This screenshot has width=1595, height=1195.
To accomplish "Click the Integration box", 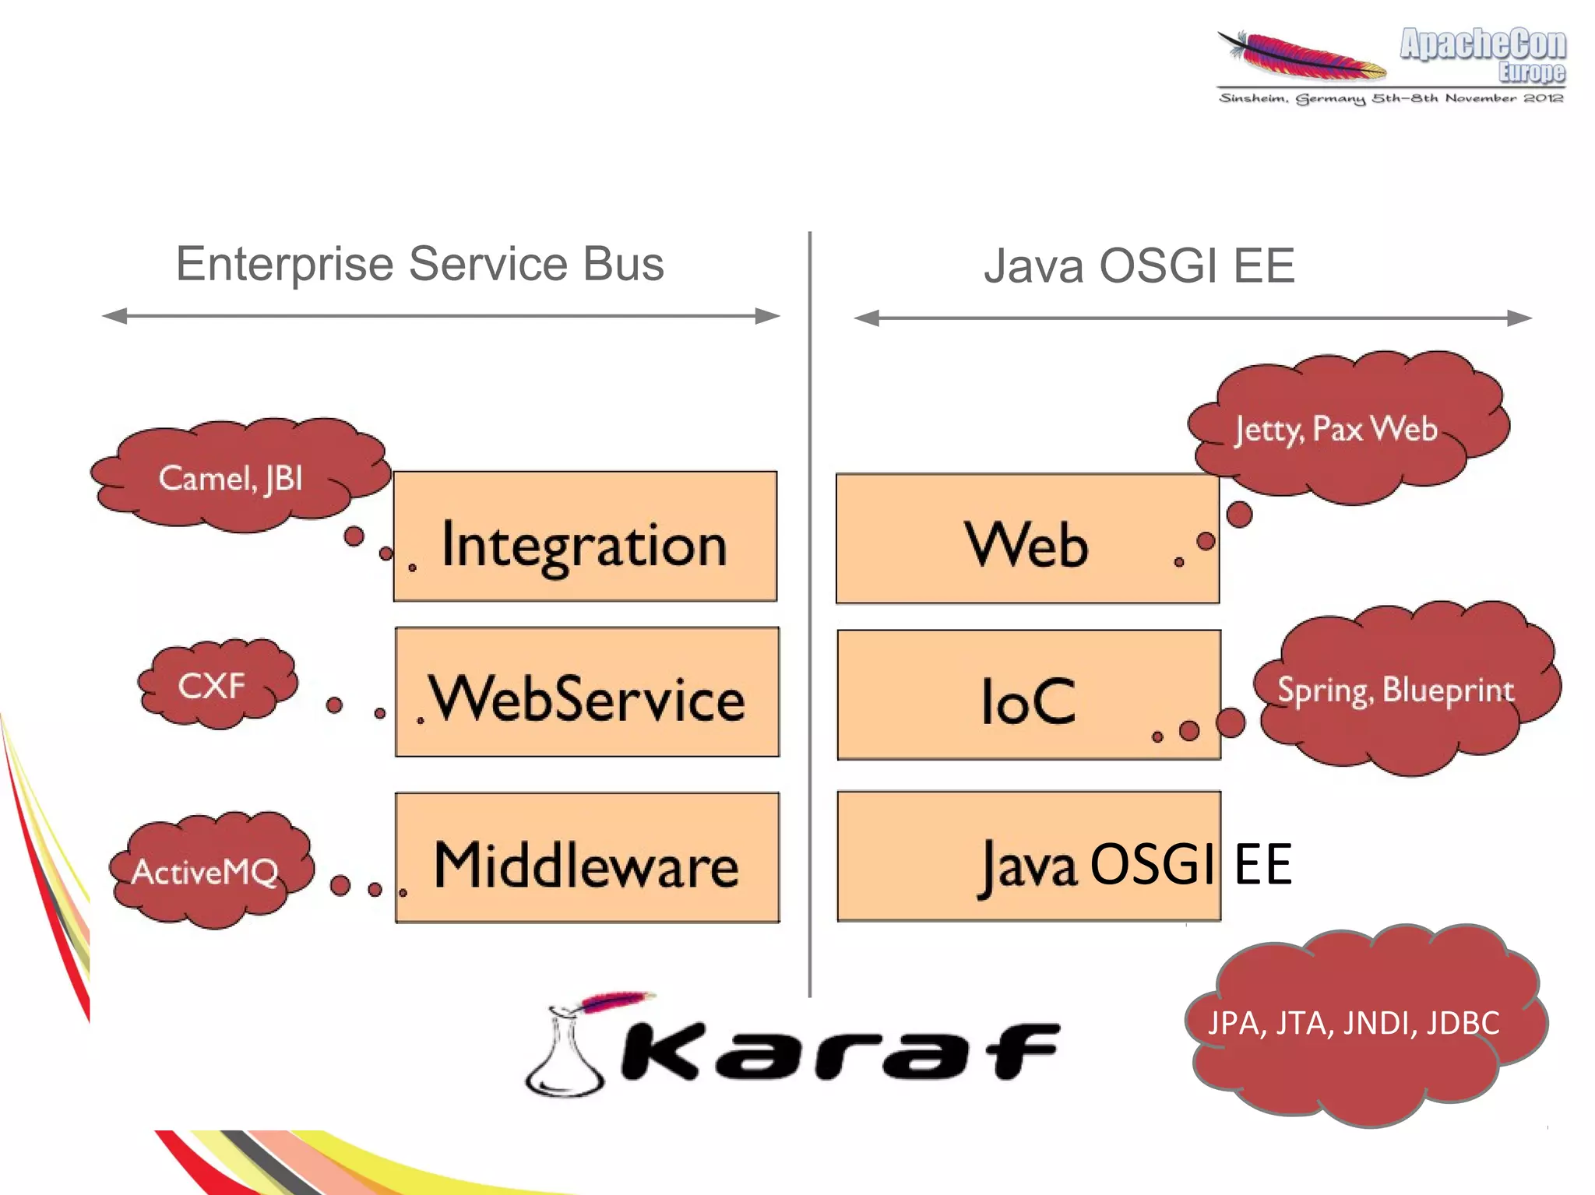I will pos(585,536).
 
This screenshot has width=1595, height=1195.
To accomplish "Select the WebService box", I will pos(586,692).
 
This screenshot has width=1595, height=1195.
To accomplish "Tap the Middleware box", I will pos(586,857).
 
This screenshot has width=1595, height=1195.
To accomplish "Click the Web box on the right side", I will pos(1027,539).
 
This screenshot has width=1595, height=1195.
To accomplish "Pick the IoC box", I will pos(1028,695).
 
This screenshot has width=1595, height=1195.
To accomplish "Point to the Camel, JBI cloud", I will pos(234,476).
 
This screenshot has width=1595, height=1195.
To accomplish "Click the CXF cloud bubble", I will pos(214,685).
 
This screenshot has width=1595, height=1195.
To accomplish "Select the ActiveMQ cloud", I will pos(209,870).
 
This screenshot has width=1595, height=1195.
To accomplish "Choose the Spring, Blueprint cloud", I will pos(1402,689).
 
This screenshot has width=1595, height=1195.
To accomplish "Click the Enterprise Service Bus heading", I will pos(420,264).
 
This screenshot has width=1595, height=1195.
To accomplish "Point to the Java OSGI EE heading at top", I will pos(1139,265).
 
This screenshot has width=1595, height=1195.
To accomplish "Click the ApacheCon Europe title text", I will pos(1484,53).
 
